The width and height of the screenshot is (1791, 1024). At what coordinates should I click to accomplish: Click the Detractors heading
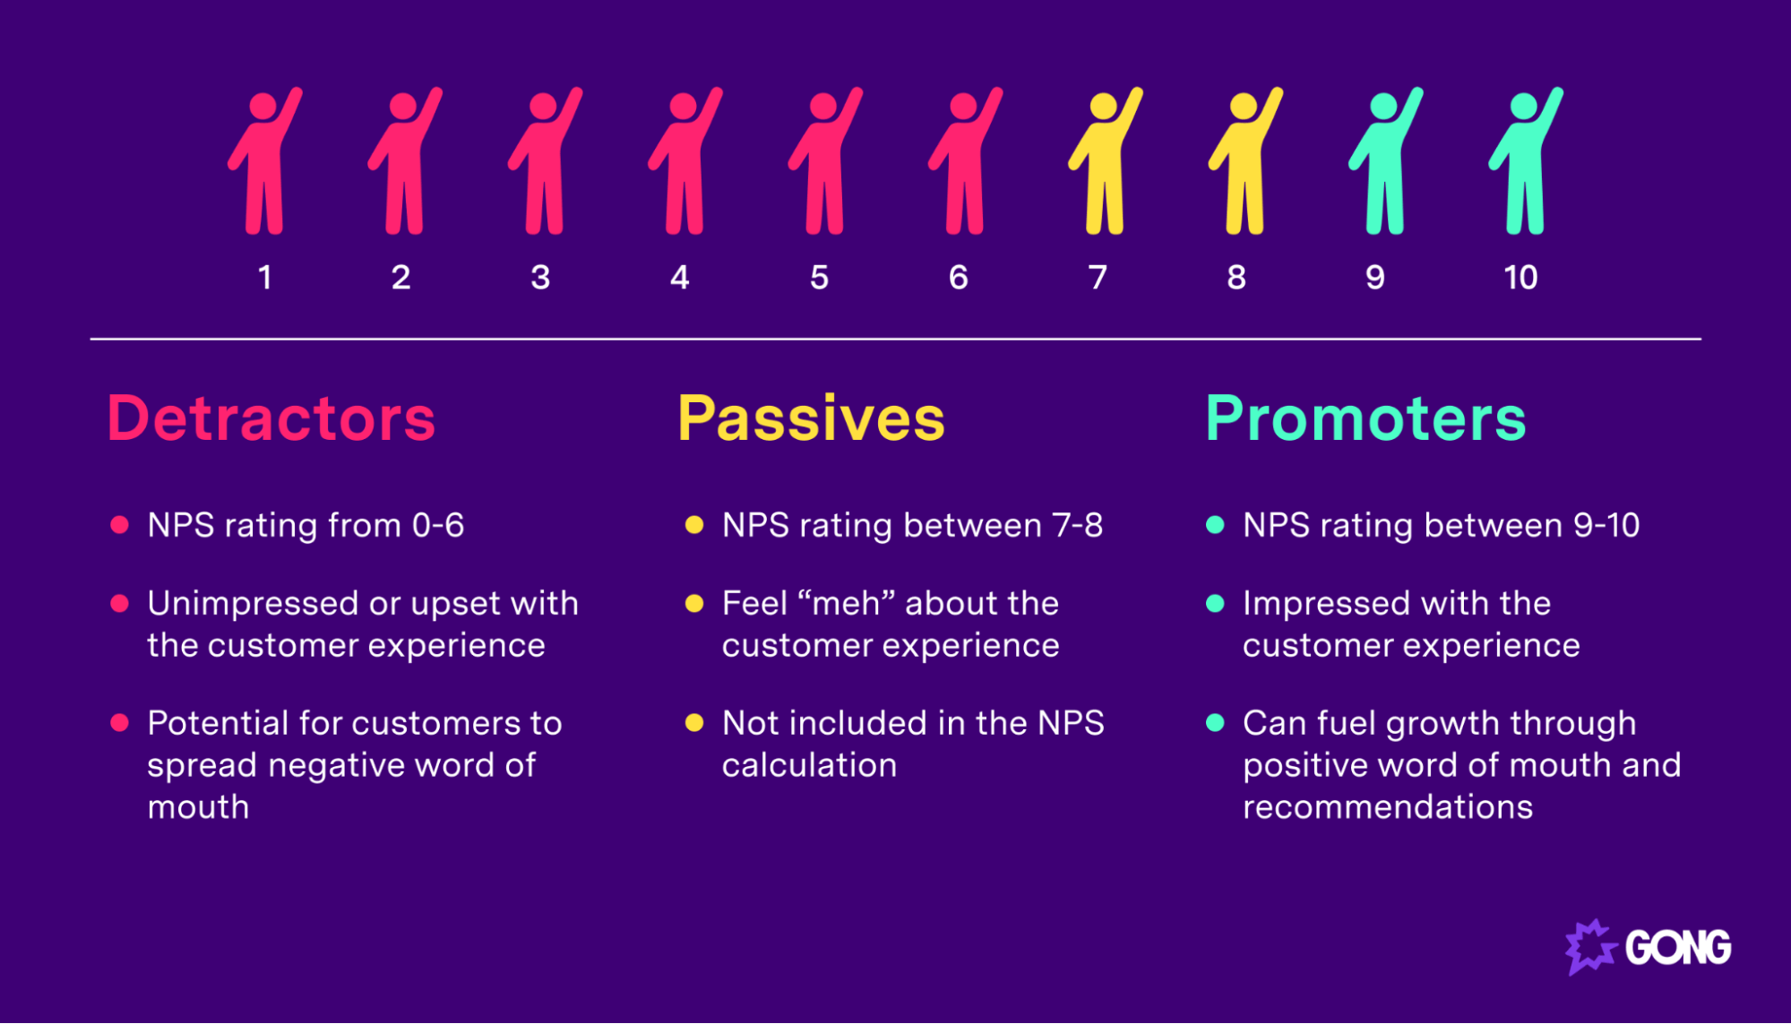[x=271, y=418]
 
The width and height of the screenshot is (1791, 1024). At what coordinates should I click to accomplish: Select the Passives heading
[x=811, y=418]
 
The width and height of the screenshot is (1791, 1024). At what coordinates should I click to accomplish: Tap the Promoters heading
[x=1365, y=418]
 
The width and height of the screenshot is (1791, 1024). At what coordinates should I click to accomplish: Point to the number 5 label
[x=819, y=278]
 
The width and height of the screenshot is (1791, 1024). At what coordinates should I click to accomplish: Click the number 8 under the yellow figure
[x=1236, y=278]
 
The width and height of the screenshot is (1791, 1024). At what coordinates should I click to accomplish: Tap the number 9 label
[x=1375, y=278]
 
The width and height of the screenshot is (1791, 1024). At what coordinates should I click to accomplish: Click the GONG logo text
[x=1677, y=948]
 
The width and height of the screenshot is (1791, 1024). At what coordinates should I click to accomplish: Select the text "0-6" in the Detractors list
[x=437, y=525]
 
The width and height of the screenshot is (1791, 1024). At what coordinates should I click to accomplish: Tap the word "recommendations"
[x=1387, y=807]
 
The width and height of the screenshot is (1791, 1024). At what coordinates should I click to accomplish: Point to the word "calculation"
[x=809, y=765]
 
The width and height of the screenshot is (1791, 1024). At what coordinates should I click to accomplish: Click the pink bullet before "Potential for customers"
[x=119, y=723]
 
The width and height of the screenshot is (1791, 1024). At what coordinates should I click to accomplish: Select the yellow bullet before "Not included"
[x=694, y=723]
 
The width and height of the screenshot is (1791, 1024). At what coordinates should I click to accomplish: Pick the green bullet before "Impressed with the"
[x=1215, y=604]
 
